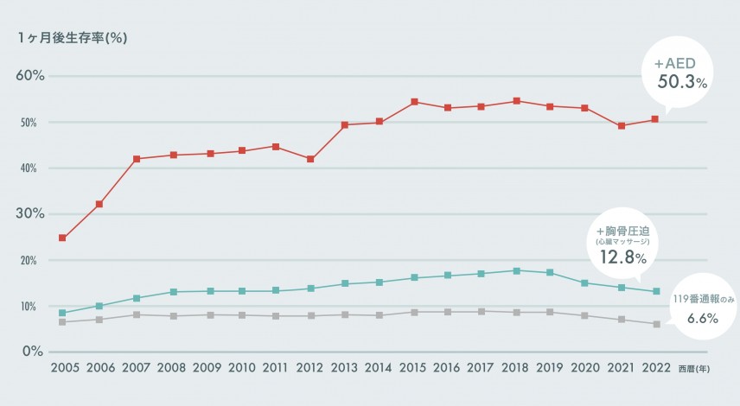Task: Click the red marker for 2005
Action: click(x=63, y=238)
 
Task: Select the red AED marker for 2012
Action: click(x=310, y=159)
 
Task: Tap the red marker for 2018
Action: click(x=517, y=101)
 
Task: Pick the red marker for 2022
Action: click(x=655, y=119)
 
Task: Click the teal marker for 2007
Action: click(x=137, y=298)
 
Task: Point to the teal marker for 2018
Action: click(x=517, y=270)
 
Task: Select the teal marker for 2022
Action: click(x=655, y=291)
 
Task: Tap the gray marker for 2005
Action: click(x=63, y=322)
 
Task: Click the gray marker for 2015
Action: click(x=414, y=312)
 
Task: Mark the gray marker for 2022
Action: click(x=655, y=324)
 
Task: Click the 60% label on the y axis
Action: click(x=29, y=76)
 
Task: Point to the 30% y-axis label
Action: click(x=29, y=214)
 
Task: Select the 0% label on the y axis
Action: click(x=33, y=352)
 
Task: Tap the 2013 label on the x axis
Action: click(x=343, y=368)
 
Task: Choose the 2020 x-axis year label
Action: click(x=586, y=368)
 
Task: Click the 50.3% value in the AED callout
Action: click(x=682, y=82)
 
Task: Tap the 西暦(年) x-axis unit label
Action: click(x=696, y=369)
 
